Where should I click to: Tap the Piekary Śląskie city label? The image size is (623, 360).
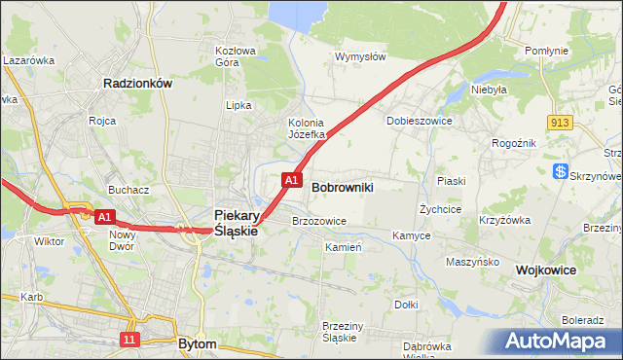(236, 223)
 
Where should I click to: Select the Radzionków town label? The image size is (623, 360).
(137, 84)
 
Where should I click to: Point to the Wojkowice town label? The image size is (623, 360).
(547, 270)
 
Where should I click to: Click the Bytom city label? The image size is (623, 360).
(198, 343)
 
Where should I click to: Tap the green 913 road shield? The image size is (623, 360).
(559, 122)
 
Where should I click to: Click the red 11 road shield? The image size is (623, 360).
(130, 339)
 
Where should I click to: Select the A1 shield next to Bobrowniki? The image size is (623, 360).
(291, 180)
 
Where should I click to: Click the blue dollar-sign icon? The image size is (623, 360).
(561, 171)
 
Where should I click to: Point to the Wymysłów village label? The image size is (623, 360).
(360, 56)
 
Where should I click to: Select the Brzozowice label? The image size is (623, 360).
(319, 221)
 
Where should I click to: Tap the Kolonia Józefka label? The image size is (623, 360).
(306, 128)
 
